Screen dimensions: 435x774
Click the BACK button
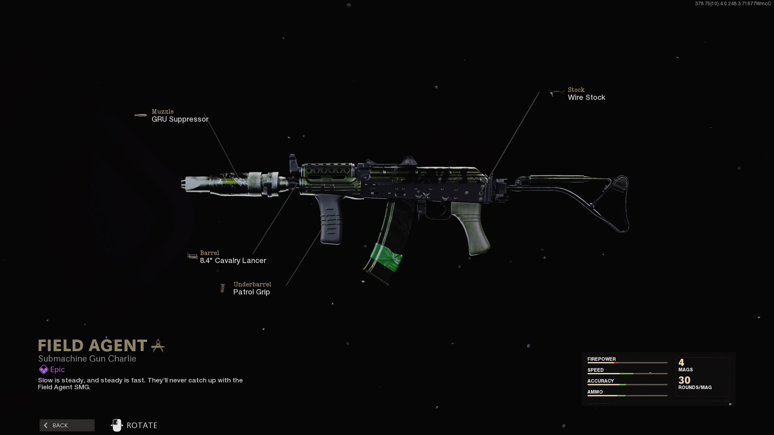tap(67, 425)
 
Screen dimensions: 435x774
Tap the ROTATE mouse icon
tap(117, 425)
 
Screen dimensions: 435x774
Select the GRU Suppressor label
tap(180, 119)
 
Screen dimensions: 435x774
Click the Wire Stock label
tap(586, 97)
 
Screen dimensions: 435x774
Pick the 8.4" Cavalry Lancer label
tap(233, 261)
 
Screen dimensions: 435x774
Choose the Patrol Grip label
tap(251, 292)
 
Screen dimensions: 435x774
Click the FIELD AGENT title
tap(93, 346)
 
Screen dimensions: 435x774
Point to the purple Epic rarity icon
tap(43, 369)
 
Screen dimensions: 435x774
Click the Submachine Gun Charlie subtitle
tap(87, 358)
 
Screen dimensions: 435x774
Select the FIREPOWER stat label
tap(601, 359)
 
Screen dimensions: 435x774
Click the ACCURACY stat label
tap(600, 381)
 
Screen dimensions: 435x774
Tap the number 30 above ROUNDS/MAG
tap(684, 380)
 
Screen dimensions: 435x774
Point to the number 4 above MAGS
tap(681, 362)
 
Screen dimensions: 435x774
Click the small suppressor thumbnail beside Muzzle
tap(140, 115)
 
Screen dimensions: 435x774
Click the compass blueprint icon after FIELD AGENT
tap(158, 346)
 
